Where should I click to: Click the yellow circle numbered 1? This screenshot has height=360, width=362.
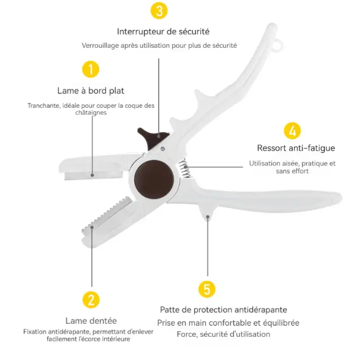tap(91, 69)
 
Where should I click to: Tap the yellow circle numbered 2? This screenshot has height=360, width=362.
tap(91, 300)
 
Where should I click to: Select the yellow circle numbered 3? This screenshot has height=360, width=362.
tap(159, 10)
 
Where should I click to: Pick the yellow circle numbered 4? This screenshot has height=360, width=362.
tap(292, 131)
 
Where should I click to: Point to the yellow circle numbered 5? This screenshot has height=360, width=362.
tap(207, 289)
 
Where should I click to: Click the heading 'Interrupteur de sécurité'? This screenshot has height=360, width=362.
tap(163, 31)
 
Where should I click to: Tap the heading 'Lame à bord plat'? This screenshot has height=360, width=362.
tap(91, 91)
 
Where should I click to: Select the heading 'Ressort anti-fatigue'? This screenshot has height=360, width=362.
tap(296, 148)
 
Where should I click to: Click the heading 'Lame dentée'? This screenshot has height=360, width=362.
tap(91, 321)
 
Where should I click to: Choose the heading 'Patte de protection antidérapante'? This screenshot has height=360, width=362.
tap(224, 310)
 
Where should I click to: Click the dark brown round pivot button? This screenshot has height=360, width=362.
tap(154, 179)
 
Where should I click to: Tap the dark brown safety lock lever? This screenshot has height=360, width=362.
tap(153, 138)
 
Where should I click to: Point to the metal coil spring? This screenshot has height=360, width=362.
tap(185, 168)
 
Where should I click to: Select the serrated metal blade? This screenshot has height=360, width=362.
tap(107, 214)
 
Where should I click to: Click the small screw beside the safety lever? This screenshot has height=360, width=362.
tap(162, 149)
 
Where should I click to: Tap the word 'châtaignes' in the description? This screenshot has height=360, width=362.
tap(91, 113)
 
